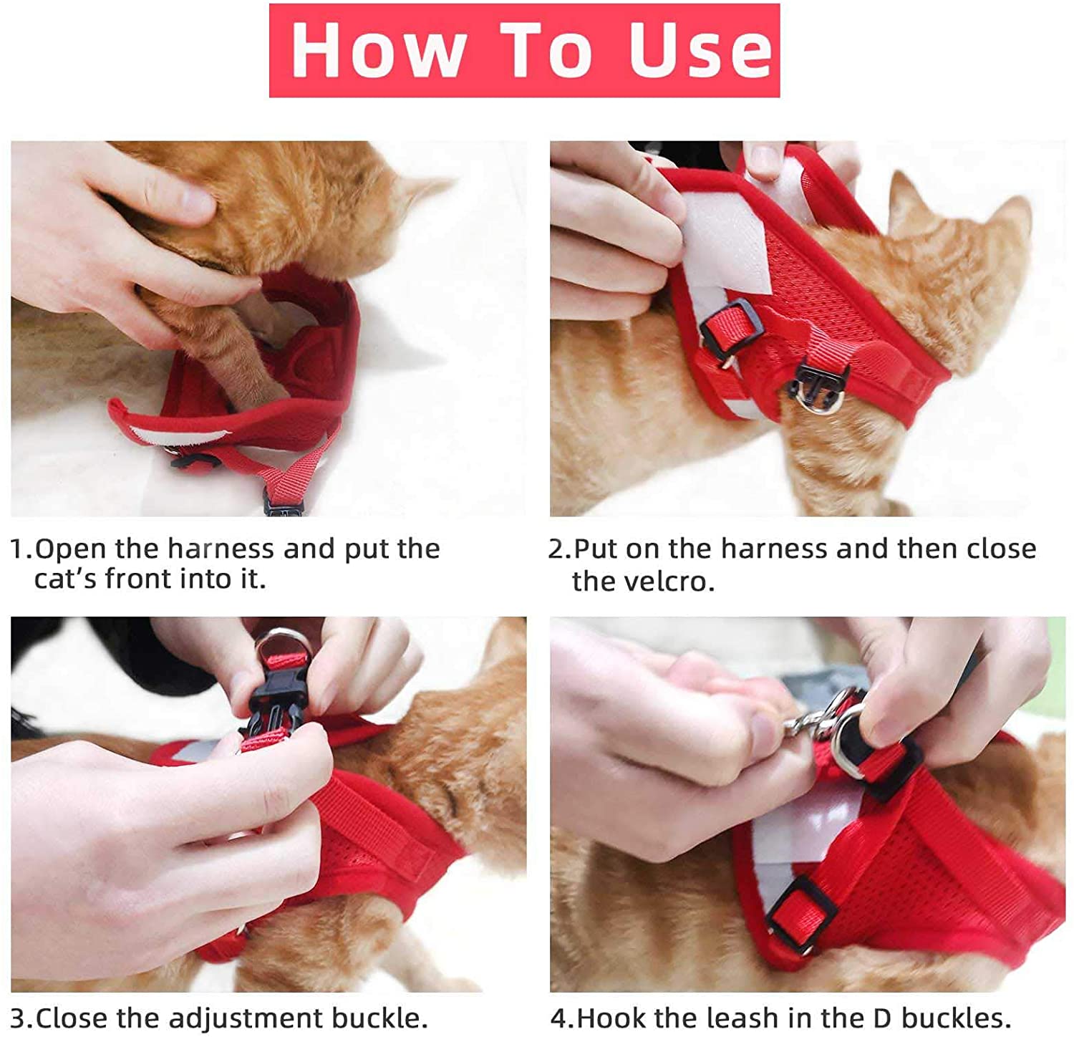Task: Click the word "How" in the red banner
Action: click(x=377, y=50)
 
